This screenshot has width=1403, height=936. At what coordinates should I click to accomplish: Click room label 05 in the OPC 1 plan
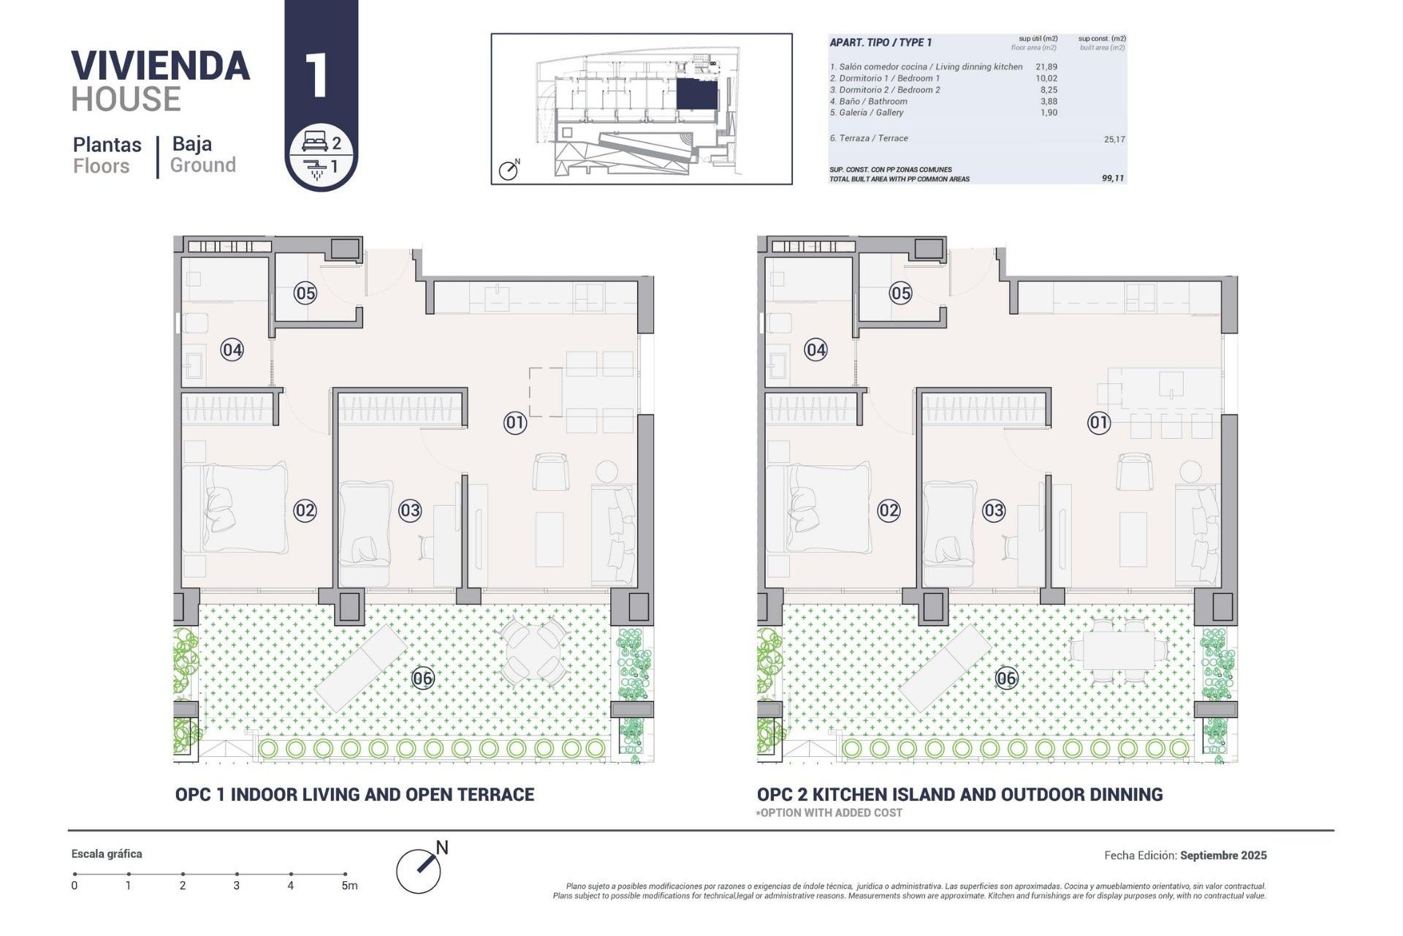point(305,293)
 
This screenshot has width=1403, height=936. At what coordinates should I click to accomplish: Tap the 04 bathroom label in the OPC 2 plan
point(815,350)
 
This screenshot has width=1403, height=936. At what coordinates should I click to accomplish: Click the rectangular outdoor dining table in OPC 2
point(1118,649)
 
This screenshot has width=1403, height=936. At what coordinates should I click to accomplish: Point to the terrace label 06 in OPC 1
point(422,678)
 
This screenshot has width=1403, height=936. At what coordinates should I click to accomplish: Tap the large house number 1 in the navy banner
point(316,75)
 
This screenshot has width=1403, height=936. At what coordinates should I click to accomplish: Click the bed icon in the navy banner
point(315,141)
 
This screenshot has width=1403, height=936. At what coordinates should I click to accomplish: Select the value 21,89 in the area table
point(1046,67)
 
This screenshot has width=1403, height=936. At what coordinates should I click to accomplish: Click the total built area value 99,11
point(1112,178)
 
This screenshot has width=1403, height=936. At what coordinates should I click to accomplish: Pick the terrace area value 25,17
point(1114,139)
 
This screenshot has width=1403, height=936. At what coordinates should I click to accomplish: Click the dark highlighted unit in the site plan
point(696,94)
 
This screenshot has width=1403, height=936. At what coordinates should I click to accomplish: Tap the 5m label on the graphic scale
point(349,886)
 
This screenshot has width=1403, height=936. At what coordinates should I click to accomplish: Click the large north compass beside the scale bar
point(419,869)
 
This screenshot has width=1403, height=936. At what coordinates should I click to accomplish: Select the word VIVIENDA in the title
point(160,66)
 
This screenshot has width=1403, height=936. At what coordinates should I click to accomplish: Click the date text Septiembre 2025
point(1223,855)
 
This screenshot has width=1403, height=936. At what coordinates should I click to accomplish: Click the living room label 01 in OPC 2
point(1098,422)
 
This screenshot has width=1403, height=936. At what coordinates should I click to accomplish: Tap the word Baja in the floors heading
point(191,143)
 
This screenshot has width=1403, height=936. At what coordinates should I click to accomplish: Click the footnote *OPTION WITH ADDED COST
point(829,812)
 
